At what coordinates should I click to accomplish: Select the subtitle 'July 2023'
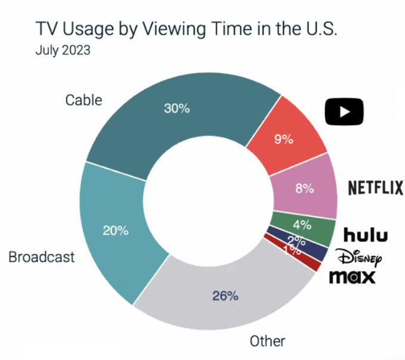[x=63, y=50]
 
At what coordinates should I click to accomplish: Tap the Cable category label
[x=84, y=100]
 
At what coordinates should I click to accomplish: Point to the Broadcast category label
[x=42, y=257]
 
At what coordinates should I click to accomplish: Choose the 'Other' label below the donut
[x=267, y=341]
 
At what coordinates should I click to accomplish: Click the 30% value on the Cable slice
[x=177, y=108]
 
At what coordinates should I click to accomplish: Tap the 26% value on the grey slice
[x=226, y=295]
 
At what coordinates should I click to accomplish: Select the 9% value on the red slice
[x=284, y=140]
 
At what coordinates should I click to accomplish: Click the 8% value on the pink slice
[x=304, y=188]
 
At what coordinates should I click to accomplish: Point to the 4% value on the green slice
[x=302, y=225]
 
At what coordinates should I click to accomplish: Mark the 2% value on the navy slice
[x=296, y=241]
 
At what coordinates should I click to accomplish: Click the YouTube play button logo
[x=344, y=111]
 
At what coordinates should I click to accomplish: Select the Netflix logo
[x=375, y=188]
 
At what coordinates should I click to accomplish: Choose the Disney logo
[x=358, y=257]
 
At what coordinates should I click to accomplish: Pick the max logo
[x=353, y=277]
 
